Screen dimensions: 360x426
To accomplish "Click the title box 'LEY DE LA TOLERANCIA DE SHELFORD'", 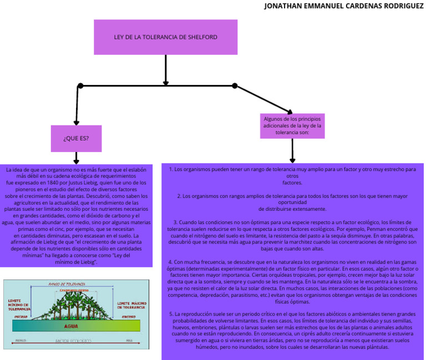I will (x=165, y=37).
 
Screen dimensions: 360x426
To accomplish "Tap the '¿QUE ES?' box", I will (x=76, y=138).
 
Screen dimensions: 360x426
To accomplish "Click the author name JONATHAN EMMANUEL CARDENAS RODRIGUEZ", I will (x=343, y=6).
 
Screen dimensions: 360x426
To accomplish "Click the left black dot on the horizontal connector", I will (x=80, y=85).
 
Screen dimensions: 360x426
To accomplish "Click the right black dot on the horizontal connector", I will (x=235, y=85).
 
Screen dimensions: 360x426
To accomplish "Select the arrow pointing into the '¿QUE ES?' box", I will (x=77, y=108).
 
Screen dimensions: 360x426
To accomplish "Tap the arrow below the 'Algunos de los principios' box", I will (x=292, y=150).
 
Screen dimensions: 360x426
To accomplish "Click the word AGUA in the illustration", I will (x=71, y=326).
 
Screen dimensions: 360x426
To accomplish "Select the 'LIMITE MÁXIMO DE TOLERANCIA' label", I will (x=131, y=305).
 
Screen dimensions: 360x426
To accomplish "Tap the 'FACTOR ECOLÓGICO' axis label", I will (x=73, y=341).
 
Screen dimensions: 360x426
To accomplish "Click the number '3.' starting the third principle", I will (x=175, y=222).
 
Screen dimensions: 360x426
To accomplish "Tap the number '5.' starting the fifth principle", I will (x=171, y=314).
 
